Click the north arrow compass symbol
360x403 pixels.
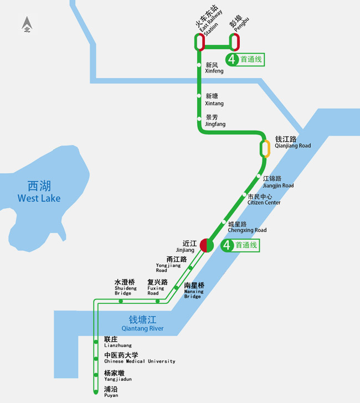click(27, 24)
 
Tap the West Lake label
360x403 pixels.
click(39, 192)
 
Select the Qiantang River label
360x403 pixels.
click(146, 323)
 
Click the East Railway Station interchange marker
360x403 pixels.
click(199, 42)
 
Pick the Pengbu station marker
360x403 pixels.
click(235, 42)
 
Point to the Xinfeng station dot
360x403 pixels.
click(199, 65)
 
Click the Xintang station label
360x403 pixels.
click(214, 100)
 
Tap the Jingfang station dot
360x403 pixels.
click(199, 118)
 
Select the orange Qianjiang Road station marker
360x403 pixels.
click(265, 148)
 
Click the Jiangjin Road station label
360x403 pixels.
click(278, 182)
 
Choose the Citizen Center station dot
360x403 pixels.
click(244, 195)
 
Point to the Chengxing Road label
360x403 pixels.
click(247, 227)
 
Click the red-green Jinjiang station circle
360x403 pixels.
click(207, 245)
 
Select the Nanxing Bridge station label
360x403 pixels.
click(194, 291)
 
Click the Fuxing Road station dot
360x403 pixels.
click(158, 301)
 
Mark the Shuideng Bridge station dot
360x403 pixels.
click(121, 301)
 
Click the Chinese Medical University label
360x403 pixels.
click(140, 358)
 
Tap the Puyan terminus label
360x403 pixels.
click(111, 392)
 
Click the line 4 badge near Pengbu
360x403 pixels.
click(231, 59)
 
